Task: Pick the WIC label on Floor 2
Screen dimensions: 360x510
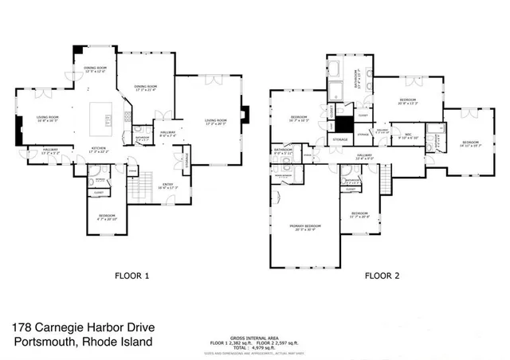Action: pos(407,135)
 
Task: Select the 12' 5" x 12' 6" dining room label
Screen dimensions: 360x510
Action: pos(96,69)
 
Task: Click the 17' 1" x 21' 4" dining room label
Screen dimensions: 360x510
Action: pos(145,88)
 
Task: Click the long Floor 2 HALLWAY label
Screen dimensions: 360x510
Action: pos(365,156)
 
